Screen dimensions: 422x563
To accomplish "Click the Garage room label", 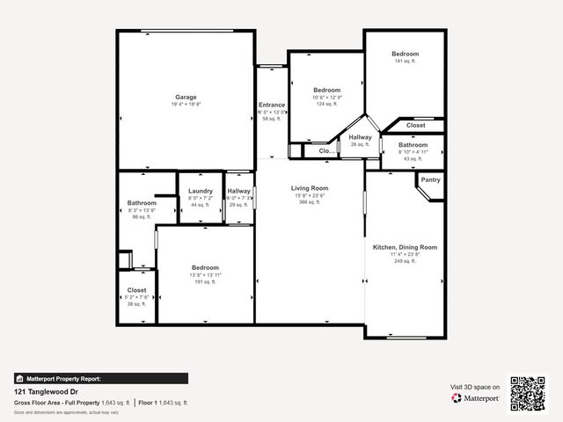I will (x=186, y=97).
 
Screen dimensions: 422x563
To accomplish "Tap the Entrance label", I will (x=271, y=105).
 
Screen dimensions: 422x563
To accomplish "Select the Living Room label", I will (x=310, y=188).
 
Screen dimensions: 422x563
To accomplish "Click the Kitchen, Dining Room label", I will (x=405, y=248).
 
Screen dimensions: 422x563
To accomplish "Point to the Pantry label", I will (x=430, y=180).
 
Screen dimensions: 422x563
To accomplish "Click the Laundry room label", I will (x=201, y=191).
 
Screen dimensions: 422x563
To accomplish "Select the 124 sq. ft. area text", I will (x=326, y=105).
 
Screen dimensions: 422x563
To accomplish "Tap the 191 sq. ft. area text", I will (x=206, y=283).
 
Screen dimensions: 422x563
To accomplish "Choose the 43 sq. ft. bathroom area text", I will (x=413, y=158).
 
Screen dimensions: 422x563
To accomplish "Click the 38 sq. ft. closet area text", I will (x=136, y=304).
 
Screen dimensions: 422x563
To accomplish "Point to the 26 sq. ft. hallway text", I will (x=360, y=144).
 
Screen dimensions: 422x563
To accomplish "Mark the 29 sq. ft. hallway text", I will (x=239, y=205).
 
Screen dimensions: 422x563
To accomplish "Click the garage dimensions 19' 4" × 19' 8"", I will (x=186, y=105).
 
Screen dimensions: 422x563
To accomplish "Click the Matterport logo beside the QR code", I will (x=476, y=398).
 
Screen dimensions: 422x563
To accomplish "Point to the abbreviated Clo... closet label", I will (x=326, y=151).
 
